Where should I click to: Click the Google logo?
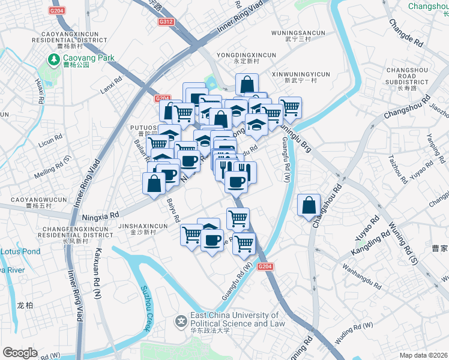tap(20, 353)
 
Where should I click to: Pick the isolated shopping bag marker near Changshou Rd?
tap(309, 206)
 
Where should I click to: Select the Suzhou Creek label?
tap(146, 308)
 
